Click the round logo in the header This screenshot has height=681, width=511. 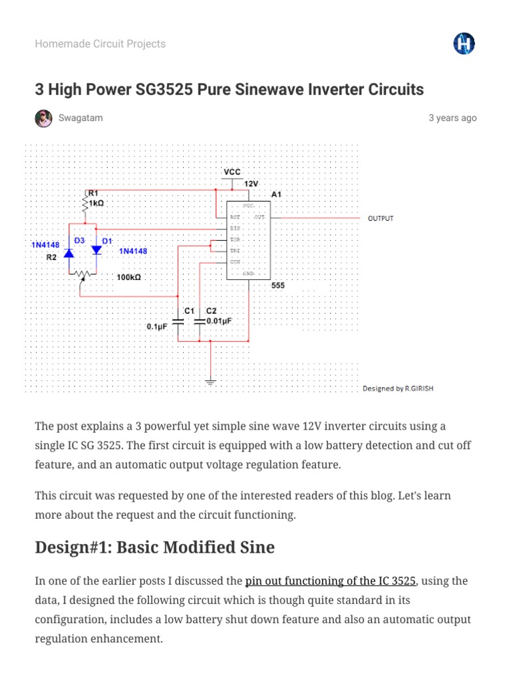[x=464, y=44]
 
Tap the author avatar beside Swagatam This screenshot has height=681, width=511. [x=43, y=118]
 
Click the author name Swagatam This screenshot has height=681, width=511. [x=81, y=118]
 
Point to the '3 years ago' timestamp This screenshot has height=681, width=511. [x=452, y=118]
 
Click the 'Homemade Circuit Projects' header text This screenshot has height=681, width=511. [x=100, y=44]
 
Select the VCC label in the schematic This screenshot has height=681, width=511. [x=232, y=172]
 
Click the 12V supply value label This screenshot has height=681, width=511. [x=251, y=184]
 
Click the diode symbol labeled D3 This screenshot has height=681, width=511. [x=69, y=252]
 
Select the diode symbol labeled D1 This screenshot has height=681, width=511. [x=96, y=250]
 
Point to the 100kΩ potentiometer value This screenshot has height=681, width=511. [x=128, y=277]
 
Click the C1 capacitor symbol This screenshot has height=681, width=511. [x=178, y=321]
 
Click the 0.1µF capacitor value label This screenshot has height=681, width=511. [x=158, y=327]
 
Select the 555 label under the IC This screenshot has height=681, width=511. [x=278, y=285]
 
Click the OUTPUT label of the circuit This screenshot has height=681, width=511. [x=381, y=219]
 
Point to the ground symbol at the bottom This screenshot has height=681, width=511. [x=211, y=382]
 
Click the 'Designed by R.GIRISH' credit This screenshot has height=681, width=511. [x=398, y=388]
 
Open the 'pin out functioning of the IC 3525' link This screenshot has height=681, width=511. [x=331, y=581]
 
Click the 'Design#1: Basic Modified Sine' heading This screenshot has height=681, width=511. [x=154, y=547]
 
